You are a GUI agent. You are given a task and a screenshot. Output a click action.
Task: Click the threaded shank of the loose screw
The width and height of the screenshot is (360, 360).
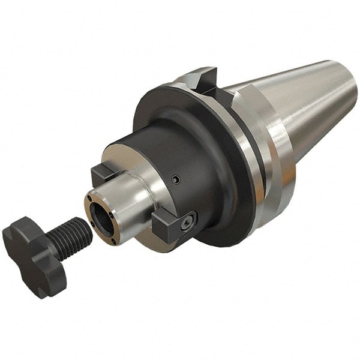point(69,236)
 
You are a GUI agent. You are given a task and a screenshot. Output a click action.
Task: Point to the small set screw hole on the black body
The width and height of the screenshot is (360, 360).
point(174,179)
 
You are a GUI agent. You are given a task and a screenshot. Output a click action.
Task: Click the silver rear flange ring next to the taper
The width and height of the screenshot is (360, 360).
point(273,174)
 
